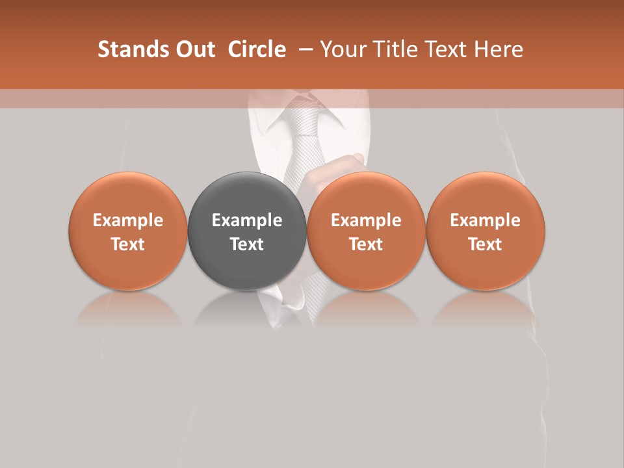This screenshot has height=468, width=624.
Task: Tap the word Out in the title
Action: click(x=194, y=49)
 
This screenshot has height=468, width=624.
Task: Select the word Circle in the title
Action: click(x=257, y=49)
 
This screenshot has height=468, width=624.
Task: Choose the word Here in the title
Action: click(x=498, y=49)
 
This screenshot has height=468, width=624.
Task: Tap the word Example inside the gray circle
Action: click(x=247, y=220)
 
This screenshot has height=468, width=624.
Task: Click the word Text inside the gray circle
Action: click(x=247, y=244)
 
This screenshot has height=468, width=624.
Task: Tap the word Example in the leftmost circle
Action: click(x=127, y=220)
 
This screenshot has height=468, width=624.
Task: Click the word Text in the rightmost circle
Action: click(x=486, y=244)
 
